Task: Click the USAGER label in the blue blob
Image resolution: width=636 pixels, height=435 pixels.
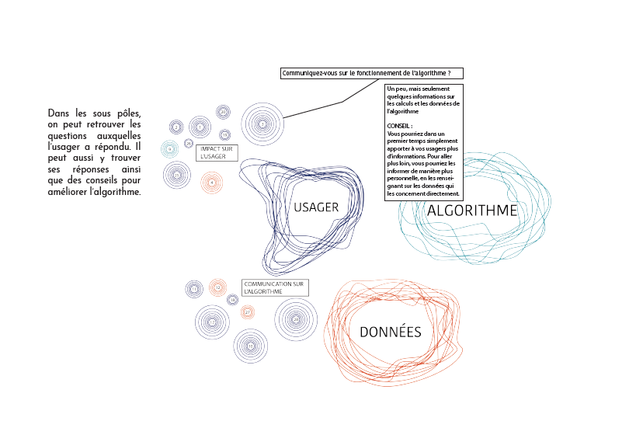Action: [316, 207]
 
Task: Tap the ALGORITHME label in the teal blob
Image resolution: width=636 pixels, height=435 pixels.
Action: [472, 211]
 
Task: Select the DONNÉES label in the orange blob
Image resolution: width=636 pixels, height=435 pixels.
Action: [391, 332]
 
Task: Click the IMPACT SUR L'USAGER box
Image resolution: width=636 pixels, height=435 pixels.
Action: [217, 153]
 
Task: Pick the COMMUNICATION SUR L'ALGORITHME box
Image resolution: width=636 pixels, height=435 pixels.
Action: [275, 287]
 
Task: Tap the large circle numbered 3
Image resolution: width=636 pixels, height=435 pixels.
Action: [262, 124]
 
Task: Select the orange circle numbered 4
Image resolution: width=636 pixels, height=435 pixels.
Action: [211, 183]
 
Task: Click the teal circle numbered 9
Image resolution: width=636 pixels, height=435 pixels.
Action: [170, 148]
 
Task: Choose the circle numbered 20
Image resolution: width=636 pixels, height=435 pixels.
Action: [223, 112]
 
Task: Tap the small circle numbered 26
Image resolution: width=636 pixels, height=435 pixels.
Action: [189, 143]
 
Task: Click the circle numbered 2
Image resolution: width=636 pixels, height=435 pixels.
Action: [177, 127]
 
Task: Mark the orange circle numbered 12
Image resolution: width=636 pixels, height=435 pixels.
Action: [217, 287]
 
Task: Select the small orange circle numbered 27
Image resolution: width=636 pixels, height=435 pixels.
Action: [248, 312]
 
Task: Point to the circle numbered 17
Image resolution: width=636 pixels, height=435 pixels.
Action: [212, 322]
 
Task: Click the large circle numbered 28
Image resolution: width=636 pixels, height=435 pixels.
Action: [296, 319]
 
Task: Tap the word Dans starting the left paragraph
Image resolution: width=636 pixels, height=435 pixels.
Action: [59, 113]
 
